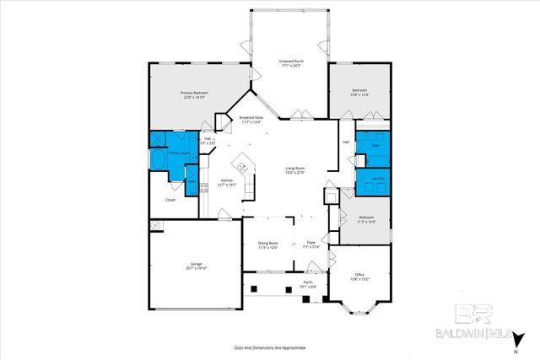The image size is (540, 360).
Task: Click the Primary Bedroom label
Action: tap(194, 93)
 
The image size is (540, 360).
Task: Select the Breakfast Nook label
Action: tap(251, 117)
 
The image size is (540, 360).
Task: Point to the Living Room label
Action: tap(294, 169)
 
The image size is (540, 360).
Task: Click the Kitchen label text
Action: tap(227, 180)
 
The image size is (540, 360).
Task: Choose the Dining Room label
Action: tap(267, 243)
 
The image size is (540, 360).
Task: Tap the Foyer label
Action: tap(311, 243)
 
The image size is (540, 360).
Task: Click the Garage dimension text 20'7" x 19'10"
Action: tap(197, 269)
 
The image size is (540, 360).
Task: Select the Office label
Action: tap(359, 275)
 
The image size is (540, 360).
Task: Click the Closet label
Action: tap(170, 200)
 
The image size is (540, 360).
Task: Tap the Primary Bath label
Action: tap(179, 153)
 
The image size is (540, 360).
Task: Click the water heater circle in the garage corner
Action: tap(156, 226)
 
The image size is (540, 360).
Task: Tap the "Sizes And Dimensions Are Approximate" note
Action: tap(270, 347)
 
